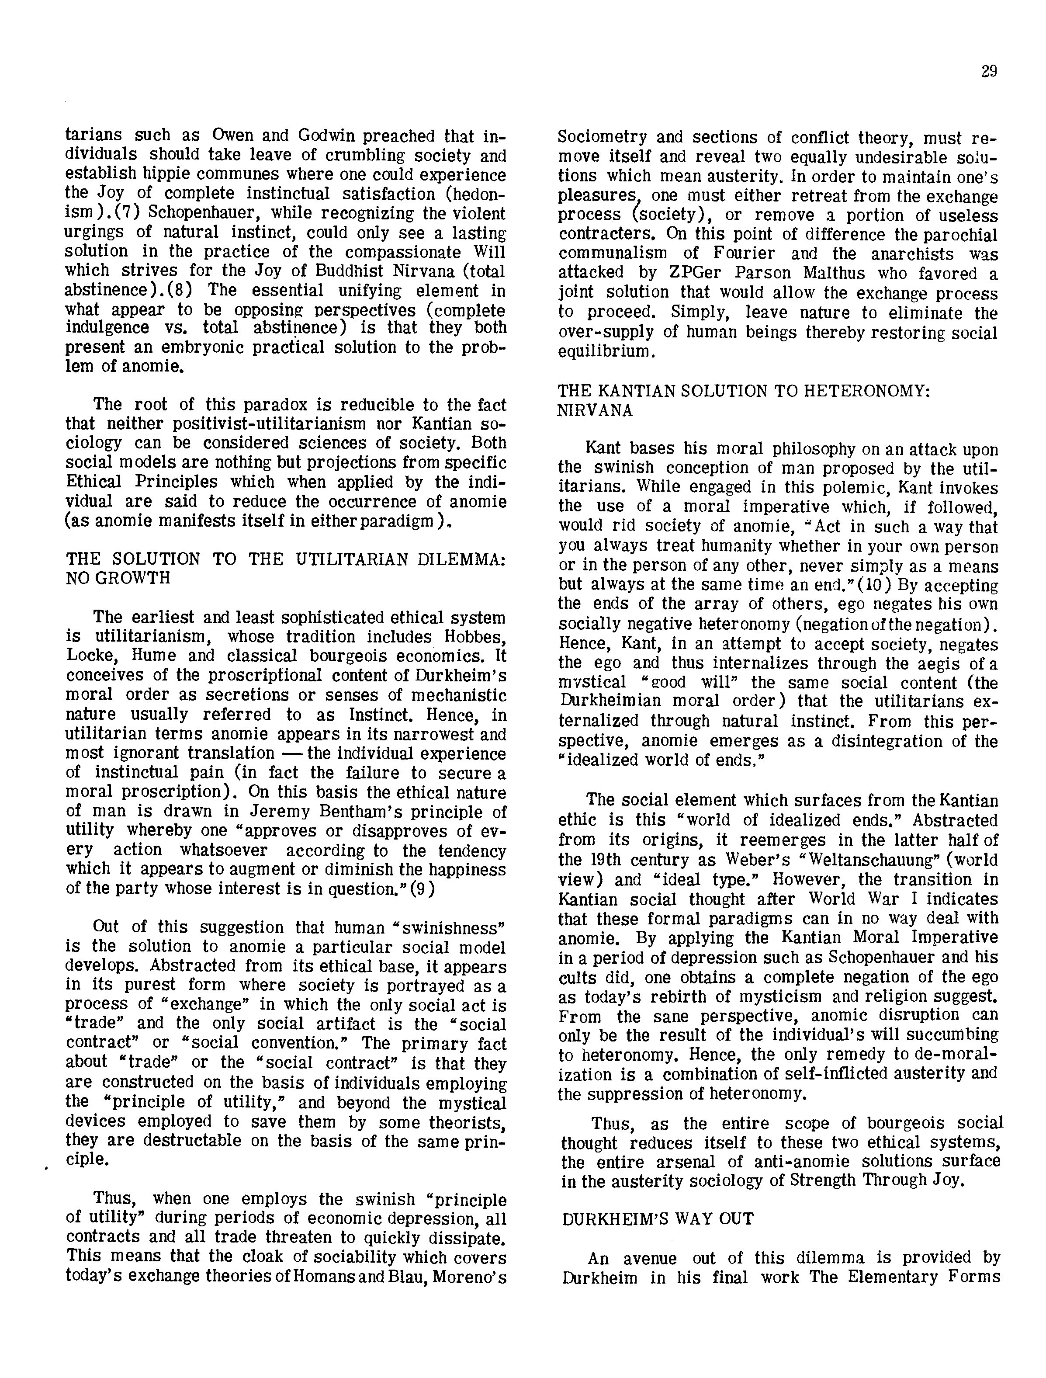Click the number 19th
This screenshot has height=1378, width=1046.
[x=625, y=860]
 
